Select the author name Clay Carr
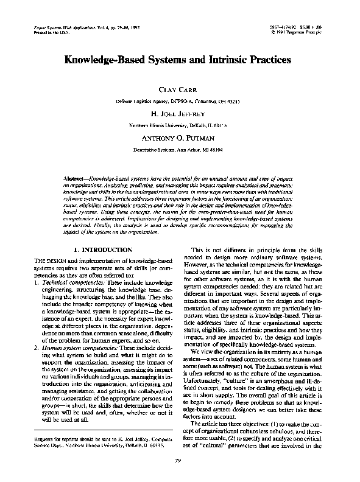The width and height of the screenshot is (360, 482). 180,89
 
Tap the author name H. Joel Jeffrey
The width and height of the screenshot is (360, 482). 180,114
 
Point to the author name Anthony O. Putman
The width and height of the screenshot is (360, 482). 180,138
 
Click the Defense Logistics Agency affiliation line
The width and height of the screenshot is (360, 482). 180,100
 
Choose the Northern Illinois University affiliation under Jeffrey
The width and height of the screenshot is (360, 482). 180,125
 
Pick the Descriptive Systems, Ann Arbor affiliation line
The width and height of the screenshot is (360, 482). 180,148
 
